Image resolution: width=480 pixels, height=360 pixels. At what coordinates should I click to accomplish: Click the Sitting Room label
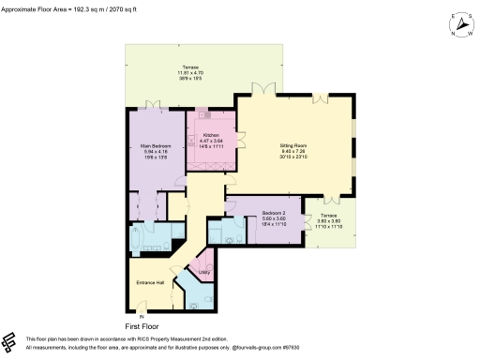click(293, 151)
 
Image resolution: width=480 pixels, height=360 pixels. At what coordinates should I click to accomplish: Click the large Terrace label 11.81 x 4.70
click(190, 72)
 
